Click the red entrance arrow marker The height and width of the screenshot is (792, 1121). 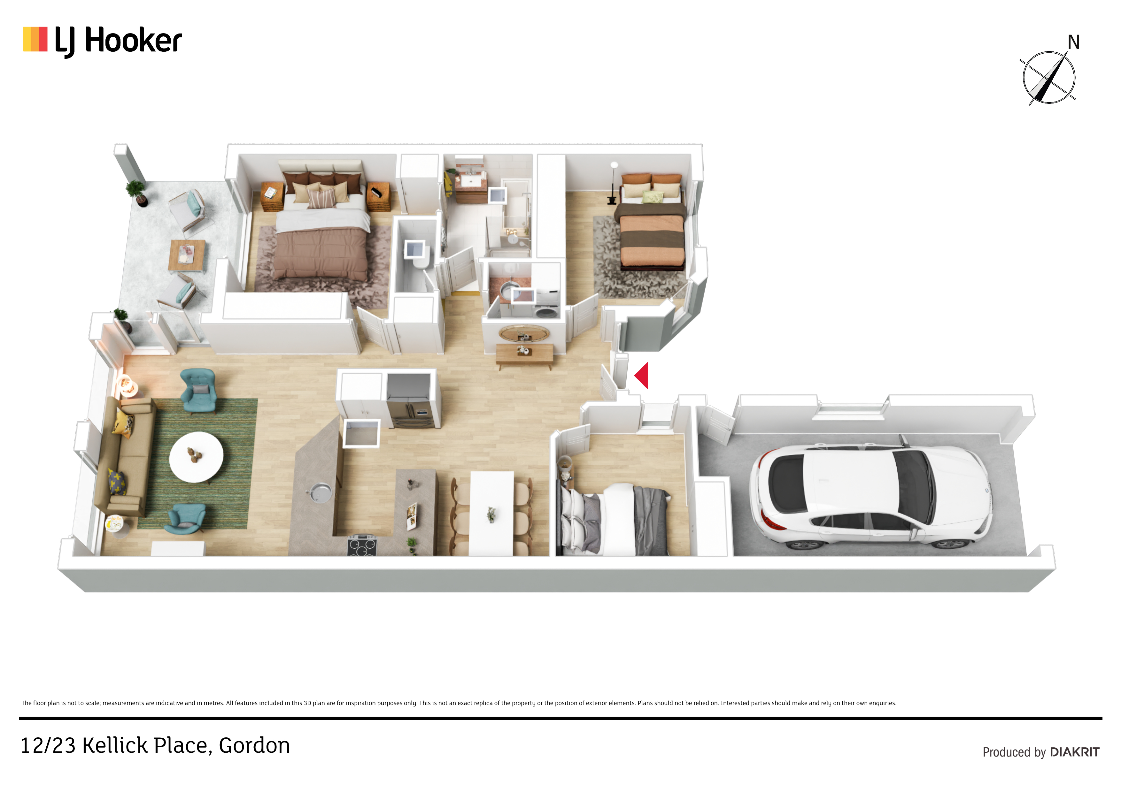(642, 376)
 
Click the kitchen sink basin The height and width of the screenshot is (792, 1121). (319, 492)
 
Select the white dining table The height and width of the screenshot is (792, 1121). (491, 513)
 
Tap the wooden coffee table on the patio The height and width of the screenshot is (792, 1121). (187, 255)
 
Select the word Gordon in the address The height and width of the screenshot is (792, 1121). (254, 746)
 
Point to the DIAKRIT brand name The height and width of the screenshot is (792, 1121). (1075, 752)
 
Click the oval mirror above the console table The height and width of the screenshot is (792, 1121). (524, 334)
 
